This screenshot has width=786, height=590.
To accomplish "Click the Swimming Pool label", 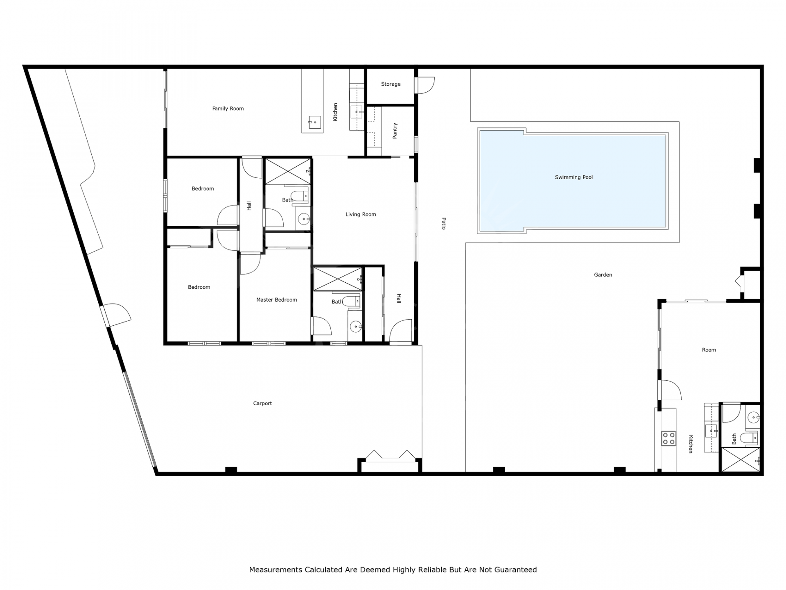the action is click(x=574, y=177).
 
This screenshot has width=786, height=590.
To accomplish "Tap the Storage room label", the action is click(x=391, y=84).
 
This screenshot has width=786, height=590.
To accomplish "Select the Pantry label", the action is click(x=395, y=131).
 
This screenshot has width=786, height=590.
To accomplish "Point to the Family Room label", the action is click(x=228, y=109).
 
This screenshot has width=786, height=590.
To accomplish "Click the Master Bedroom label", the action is click(x=276, y=300).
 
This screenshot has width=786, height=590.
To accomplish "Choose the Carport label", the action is click(x=262, y=404).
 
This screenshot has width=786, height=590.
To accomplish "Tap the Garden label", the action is click(x=603, y=275).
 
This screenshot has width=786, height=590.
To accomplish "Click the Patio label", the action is click(x=443, y=223).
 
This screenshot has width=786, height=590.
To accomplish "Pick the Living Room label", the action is click(x=361, y=214).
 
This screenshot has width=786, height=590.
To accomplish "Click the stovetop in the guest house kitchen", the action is click(x=669, y=438).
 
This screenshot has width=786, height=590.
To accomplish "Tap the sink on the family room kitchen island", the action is click(x=314, y=122).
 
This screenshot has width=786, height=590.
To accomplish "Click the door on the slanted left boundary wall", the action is click(x=116, y=315).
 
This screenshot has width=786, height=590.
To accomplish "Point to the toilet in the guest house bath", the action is click(x=749, y=438).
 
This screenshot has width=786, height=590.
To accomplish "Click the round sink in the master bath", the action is click(x=356, y=327).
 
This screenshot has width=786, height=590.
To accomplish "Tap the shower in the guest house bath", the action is click(x=741, y=460).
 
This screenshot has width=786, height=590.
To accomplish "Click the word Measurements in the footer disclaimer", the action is click(x=276, y=570).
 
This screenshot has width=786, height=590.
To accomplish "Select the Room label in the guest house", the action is click(x=709, y=350).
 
